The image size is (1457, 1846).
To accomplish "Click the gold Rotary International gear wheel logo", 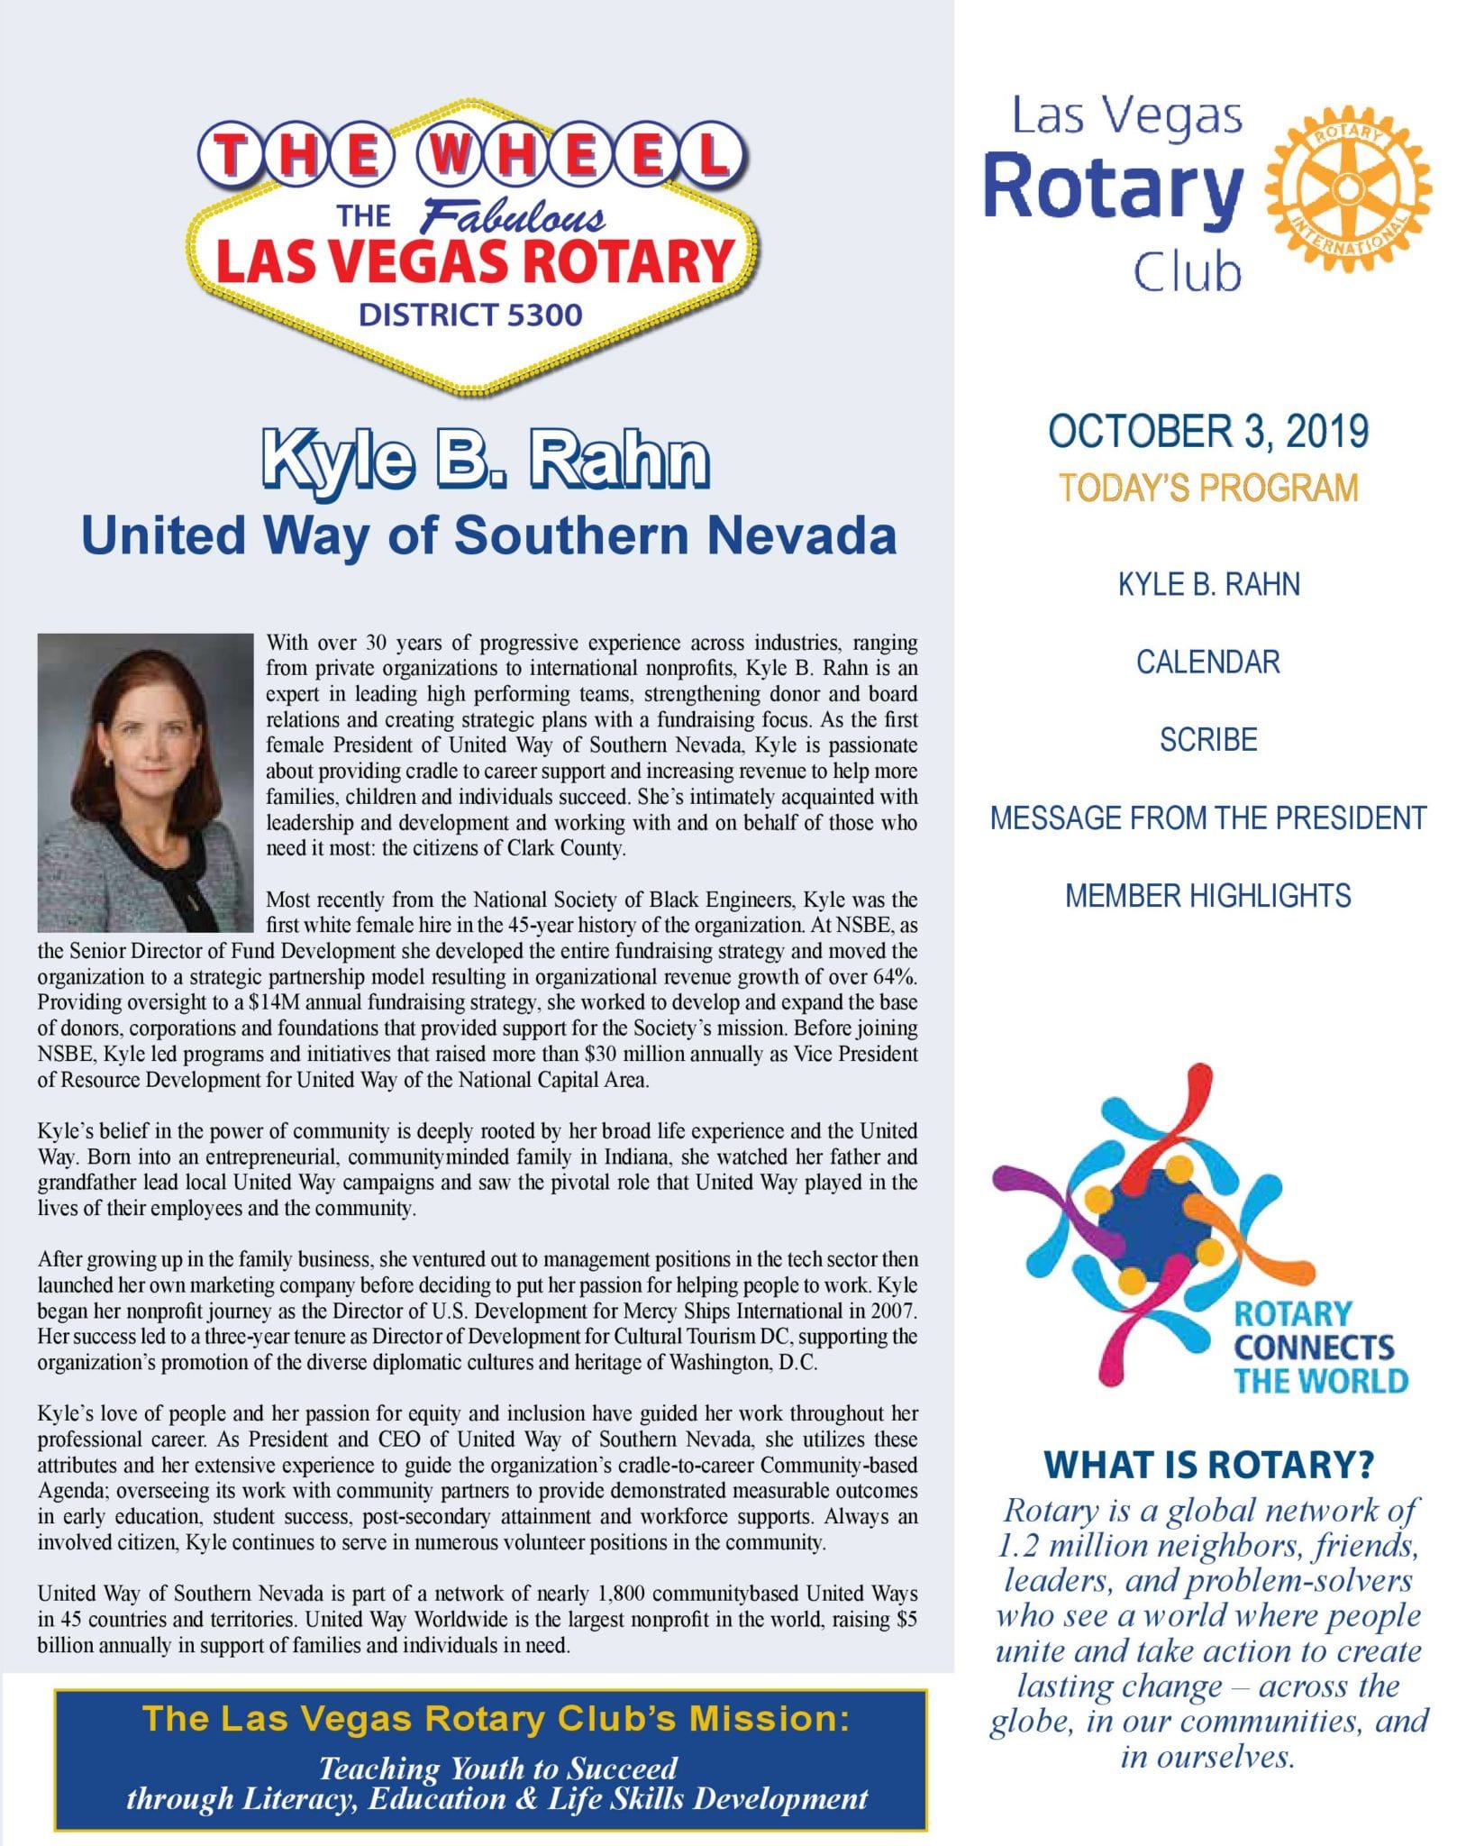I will (1347, 189).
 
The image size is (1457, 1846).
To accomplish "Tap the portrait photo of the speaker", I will (145, 782).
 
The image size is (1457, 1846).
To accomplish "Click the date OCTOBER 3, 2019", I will (1208, 432).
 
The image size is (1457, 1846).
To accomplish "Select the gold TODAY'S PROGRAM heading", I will (1208, 488).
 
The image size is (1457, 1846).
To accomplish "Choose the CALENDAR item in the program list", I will (1208, 663).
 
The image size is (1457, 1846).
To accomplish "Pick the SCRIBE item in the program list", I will (1208, 740).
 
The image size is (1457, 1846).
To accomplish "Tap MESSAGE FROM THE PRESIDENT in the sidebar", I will (1208, 818).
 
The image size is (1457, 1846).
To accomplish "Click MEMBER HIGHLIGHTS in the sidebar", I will (1208, 896).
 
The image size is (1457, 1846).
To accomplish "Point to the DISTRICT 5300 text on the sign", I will (470, 315).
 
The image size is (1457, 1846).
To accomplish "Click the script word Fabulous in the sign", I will (514, 217).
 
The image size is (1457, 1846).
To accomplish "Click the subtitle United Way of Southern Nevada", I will (488, 535).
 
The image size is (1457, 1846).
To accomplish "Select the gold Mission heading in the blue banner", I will (496, 1718).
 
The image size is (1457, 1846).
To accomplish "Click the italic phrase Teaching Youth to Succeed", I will (497, 1768).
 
